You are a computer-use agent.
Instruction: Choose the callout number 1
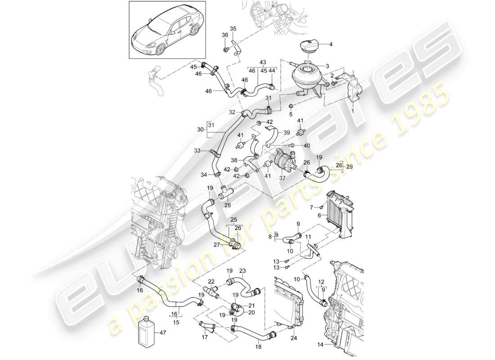[352, 110]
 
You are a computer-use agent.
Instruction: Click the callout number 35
[233, 29]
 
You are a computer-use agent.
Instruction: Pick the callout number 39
[287, 133]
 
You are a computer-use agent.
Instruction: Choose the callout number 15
[176, 323]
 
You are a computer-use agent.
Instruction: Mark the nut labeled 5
[291, 106]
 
